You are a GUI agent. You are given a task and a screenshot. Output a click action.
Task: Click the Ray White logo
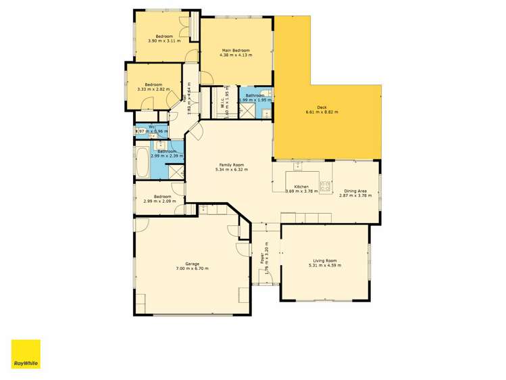coord(26,354)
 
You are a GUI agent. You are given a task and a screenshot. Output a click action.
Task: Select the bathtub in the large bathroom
coord(142,163)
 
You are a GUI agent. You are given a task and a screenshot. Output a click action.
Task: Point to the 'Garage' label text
coord(192,264)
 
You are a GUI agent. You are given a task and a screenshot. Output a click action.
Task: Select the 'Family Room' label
coord(230,164)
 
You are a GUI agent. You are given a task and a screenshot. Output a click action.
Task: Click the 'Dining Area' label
coord(355,191)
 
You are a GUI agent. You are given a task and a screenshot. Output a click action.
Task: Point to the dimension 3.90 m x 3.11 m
coord(164,41)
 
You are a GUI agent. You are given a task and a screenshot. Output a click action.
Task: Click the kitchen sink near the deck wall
coord(297,165)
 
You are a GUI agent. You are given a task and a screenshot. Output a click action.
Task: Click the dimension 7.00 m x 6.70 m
coord(192,268)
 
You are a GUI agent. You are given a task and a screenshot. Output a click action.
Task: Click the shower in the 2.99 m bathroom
coord(177,172)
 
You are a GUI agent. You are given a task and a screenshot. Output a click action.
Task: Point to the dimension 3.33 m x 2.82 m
coord(153,89)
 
